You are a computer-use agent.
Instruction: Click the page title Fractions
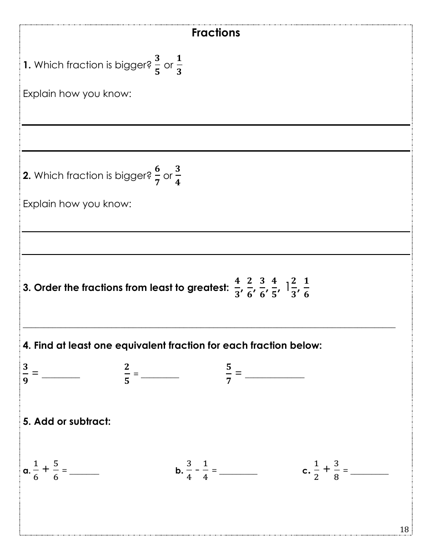(216, 33)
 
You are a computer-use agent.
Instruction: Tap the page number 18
(404, 529)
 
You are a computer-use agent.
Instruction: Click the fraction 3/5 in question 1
(157, 65)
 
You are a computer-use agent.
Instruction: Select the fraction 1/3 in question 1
(179, 65)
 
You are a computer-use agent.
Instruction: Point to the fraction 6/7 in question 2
(157, 176)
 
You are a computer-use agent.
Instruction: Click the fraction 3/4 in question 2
(178, 176)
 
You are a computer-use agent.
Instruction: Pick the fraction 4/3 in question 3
(237, 287)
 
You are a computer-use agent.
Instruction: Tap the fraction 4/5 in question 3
(274, 287)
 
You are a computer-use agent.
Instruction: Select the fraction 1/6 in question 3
(306, 287)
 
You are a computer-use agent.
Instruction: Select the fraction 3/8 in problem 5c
(336, 470)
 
